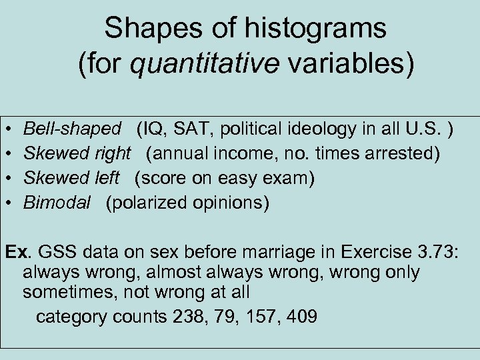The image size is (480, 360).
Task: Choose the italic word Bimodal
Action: click(57, 203)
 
